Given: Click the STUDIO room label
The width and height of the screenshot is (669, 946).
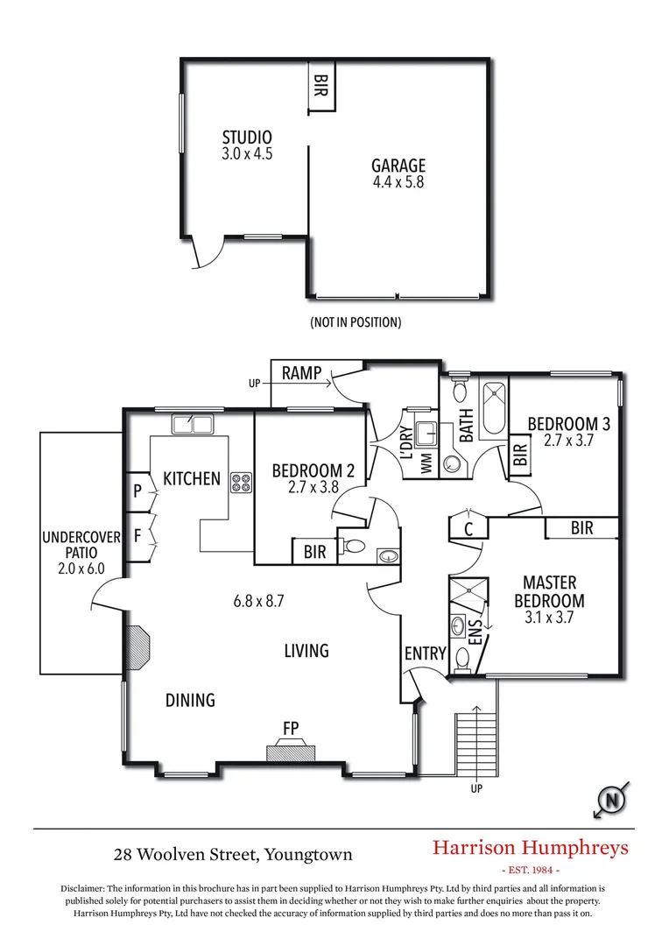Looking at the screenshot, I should click(247, 138).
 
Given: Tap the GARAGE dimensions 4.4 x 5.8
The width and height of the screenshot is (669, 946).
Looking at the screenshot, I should click(398, 183).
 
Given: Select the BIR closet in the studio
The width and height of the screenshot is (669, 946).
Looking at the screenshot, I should click(321, 86).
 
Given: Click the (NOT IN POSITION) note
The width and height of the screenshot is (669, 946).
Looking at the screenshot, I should click(356, 322).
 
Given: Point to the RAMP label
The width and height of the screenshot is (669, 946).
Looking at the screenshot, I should click(300, 374).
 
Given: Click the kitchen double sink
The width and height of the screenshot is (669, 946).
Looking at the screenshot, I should click(193, 425).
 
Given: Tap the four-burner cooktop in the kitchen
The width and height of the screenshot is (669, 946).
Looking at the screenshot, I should click(241, 482).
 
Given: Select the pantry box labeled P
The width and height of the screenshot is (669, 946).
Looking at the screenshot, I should click(137, 491).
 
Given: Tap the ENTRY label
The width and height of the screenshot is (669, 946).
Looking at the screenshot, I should click(426, 653).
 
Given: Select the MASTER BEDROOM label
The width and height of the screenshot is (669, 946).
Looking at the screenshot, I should click(549, 591).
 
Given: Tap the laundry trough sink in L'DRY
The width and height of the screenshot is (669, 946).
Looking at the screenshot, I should click(426, 434).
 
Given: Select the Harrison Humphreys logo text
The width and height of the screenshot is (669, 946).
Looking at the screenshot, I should click(531, 848).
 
